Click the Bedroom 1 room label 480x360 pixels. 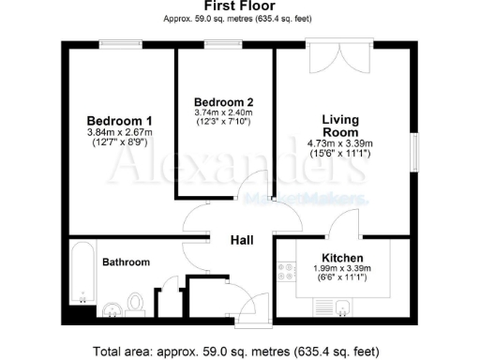(x=119, y=121)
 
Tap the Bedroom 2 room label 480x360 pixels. (x=223, y=101)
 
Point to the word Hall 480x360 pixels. (x=243, y=240)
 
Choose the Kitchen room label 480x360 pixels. (x=342, y=257)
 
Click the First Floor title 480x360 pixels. (x=239, y=7)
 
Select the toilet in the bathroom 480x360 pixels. (x=136, y=303)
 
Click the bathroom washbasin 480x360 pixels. (x=111, y=308)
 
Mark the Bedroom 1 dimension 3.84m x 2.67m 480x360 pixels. (x=119, y=133)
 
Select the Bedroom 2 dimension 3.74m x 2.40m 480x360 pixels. (x=223, y=112)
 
